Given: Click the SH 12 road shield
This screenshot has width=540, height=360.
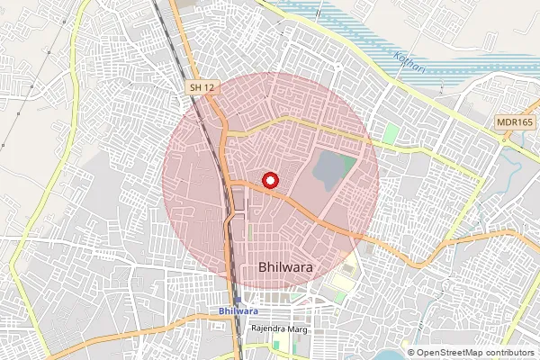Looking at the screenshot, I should (x=202, y=86).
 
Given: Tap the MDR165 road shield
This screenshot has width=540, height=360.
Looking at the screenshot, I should (x=514, y=121).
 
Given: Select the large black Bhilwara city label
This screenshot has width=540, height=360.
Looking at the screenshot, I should (x=285, y=266).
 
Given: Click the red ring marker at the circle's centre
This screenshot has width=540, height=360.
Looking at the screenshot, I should (x=268, y=181).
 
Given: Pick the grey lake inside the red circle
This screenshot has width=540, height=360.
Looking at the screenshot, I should (x=331, y=171).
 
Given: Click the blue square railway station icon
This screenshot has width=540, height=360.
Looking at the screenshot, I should (x=237, y=299).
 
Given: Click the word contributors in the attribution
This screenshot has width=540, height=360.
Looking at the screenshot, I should (x=508, y=352).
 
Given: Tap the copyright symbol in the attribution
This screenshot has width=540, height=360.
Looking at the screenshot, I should (x=412, y=352).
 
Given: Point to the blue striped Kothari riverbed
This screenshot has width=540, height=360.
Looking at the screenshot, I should (x=360, y=27).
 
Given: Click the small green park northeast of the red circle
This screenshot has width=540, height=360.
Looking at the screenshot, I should (x=391, y=132).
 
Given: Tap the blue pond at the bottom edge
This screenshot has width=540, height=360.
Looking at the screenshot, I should (x=389, y=355).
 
